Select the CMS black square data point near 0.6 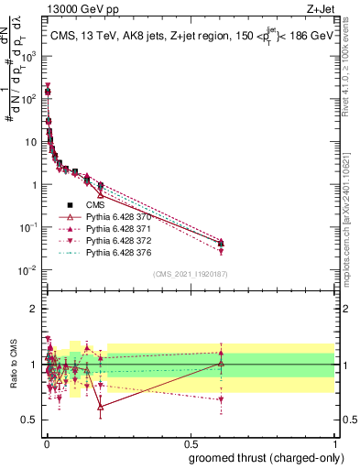tap(221, 243)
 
